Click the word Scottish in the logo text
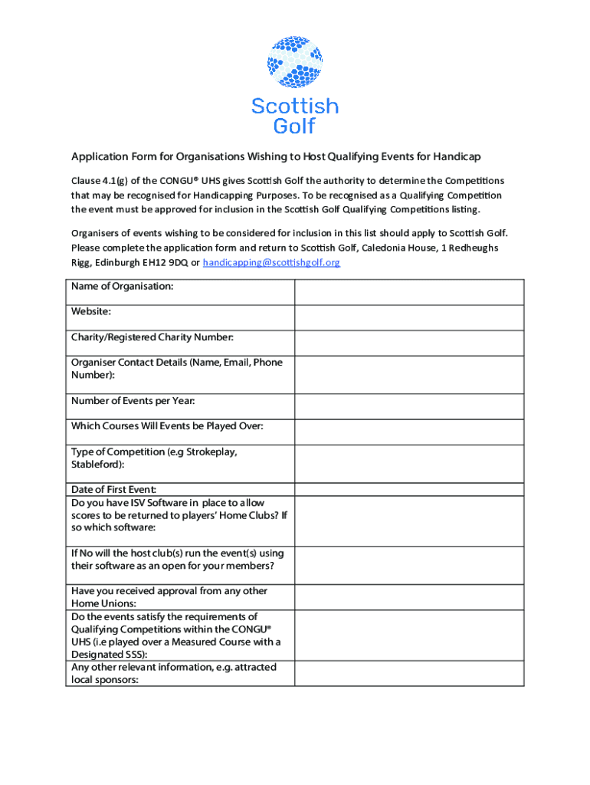coord(295,106)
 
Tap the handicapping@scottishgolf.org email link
coord(271,262)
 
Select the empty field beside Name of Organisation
coord(409,293)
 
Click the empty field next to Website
coord(409,318)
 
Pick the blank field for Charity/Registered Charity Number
coord(409,343)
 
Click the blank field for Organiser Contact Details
coord(409,375)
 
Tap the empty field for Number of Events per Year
coord(409,407)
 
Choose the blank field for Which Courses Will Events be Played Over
coord(409,432)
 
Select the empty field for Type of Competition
coord(409,464)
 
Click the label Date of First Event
coord(113,489)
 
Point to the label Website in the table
coord(91,312)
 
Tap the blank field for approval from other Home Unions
coord(409,597)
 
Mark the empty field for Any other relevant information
coord(409,673)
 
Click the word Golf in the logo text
coord(295,126)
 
